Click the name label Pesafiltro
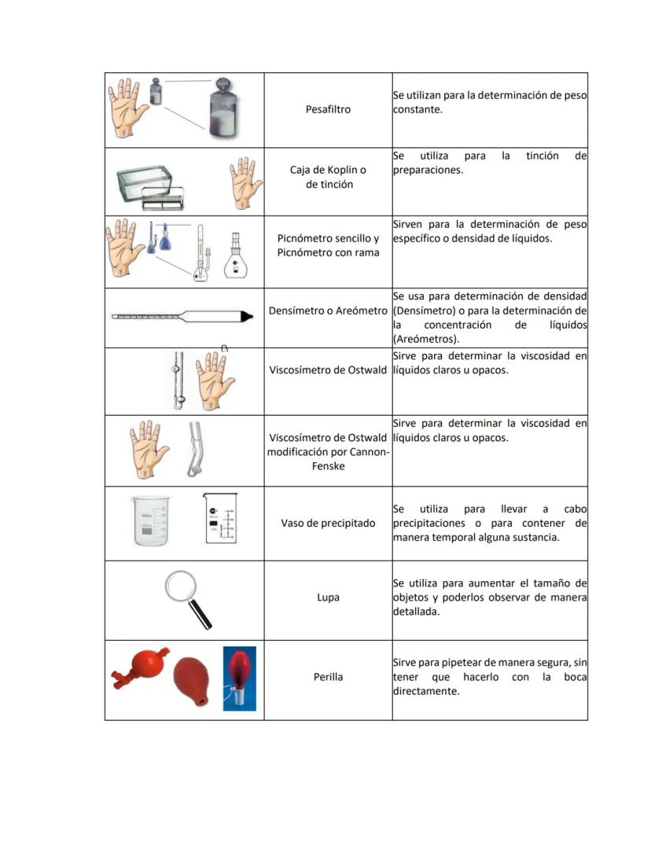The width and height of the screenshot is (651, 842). pyautogui.click(x=328, y=109)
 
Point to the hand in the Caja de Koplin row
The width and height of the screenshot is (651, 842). pyautogui.click(x=245, y=181)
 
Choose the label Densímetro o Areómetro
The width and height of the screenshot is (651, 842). pyautogui.click(x=328, y=311)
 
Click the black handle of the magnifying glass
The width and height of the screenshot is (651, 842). pyautogui.click(x=204, y=616)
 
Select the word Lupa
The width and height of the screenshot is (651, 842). pyautogui.click(x=328, y=597)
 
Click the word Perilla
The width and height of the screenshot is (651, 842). pyautogui.click(x=328, y=677)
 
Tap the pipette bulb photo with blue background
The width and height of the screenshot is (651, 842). pyautogui.click(x=239, y=678)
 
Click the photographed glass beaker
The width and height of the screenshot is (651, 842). pyautogui.click(x=150, y=520)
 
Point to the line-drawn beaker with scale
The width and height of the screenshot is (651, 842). pyautogui.click(x=219, y=518)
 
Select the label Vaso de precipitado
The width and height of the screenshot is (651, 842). pyautogui.click(x=328, y=523)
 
